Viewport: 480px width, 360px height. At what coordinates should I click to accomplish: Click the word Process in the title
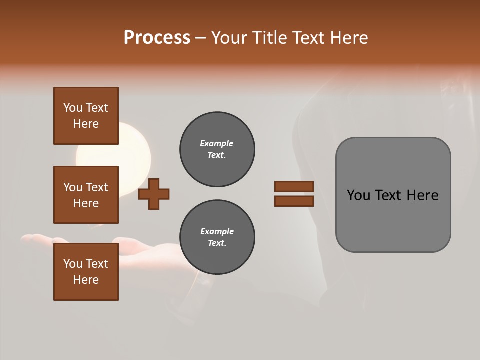(x=157, y=38)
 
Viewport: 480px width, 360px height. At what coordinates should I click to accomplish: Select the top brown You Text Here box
(x=86, y=116)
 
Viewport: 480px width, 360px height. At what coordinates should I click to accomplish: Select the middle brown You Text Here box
(x=86, y=195)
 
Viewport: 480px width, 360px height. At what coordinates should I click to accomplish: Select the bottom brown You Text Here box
(x=86, y=272)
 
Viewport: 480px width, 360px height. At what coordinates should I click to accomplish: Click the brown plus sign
(x=154, y=193)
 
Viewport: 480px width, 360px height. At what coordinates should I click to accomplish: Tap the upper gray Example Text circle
(x=217, y=149)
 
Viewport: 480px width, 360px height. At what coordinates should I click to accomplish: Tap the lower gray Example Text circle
(x=217, y=237)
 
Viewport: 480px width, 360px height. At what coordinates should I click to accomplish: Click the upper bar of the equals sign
(x=294, y=186)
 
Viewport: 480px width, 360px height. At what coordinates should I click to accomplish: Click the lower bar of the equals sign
(x=294, y=201)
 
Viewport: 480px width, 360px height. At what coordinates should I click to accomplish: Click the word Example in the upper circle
(x=217, y=143)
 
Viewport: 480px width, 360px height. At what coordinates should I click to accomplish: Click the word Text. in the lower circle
(x=217, y=243)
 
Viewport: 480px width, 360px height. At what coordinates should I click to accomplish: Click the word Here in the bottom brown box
(x=86, y=280)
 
